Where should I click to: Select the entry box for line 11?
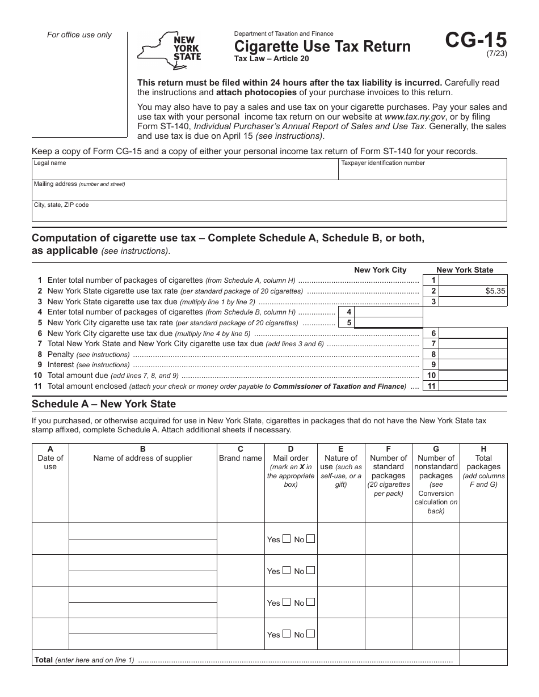pos(473,386)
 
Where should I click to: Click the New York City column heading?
pos(380,270)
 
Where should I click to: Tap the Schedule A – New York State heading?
pos(104,404)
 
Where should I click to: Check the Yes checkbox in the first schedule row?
pos(287,539)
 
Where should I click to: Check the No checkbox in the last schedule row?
pos(310,634)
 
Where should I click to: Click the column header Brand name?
pos(241,458)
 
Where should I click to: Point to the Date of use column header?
pos(50,458)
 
